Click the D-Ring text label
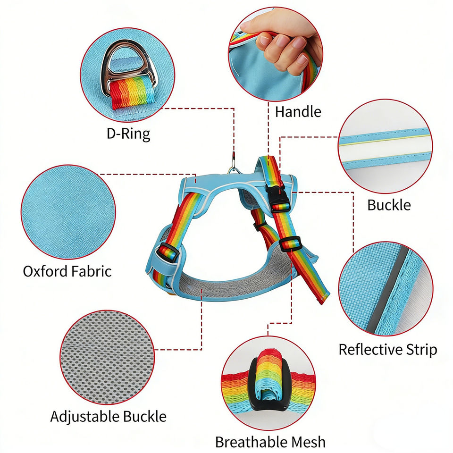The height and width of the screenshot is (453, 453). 128,134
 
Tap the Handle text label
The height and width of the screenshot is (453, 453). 298,112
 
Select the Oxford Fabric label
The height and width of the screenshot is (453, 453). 67,271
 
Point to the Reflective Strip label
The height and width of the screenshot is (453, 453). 387,350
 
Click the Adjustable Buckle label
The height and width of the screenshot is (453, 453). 108,417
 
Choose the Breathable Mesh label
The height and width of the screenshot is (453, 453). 270,442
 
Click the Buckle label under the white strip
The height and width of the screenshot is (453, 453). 389,205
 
